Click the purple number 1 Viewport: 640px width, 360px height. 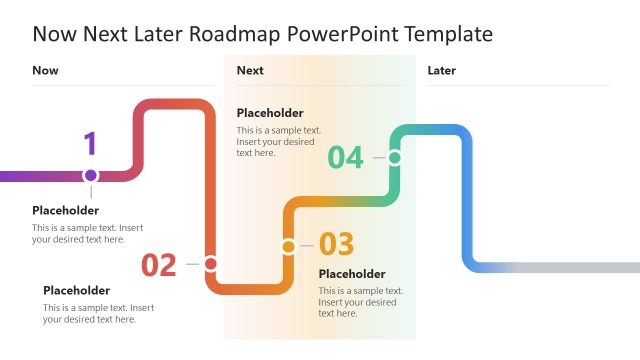coord(90,144)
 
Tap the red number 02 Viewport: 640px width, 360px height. coord(159,265)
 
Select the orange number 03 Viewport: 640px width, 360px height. coord(336,244)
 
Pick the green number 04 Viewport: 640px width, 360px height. coord(345,158)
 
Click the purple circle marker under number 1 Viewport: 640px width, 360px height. coord(91,175)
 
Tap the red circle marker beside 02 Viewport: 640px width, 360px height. coord(210,264)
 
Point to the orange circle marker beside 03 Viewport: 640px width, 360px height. coord(288,246)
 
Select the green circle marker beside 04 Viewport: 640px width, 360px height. coord(395,157)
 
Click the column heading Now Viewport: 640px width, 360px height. coord(45,70)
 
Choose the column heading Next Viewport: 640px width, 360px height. coord(250,70)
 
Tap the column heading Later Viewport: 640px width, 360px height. coord(441,70)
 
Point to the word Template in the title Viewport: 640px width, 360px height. coord(447,34)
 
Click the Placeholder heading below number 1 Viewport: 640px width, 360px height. coord(65,211)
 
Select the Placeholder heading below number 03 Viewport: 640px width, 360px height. coord(352,274)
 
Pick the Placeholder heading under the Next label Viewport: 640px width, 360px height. coord(270,113)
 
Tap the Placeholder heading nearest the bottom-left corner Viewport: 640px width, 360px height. coord(76,290)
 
